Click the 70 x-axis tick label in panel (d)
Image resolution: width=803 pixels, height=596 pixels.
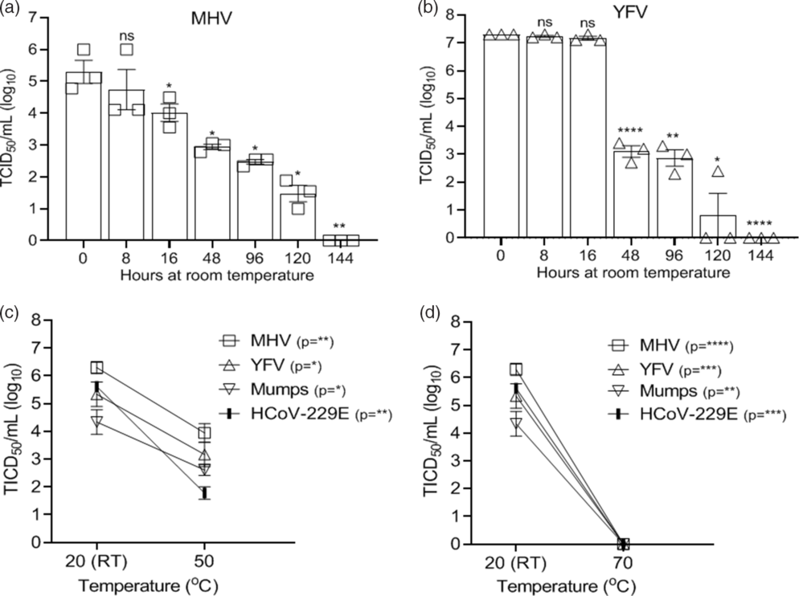click(622, 559)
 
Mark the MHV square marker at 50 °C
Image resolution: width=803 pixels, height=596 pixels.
click(205, 434)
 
